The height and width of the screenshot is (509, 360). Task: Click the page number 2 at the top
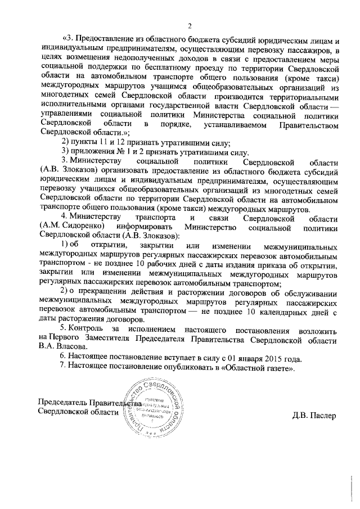point(190,25)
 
